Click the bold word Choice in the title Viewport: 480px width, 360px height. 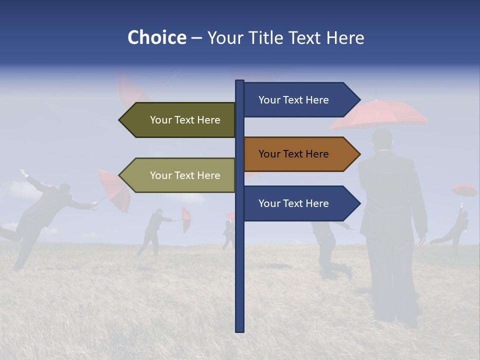tap(156, 37)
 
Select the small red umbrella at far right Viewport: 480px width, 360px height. tap(464, 190)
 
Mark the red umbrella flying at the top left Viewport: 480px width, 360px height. tap(132, 90)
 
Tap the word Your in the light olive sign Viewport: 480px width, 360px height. tap(160, 175)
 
